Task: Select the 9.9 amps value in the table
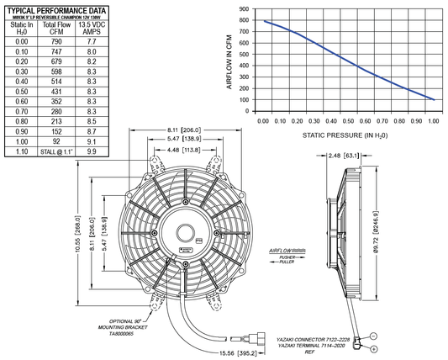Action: click(x=91, y=153)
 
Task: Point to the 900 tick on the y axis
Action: click(x=243, y=8)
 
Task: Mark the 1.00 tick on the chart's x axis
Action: click(x=432, y=121)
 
